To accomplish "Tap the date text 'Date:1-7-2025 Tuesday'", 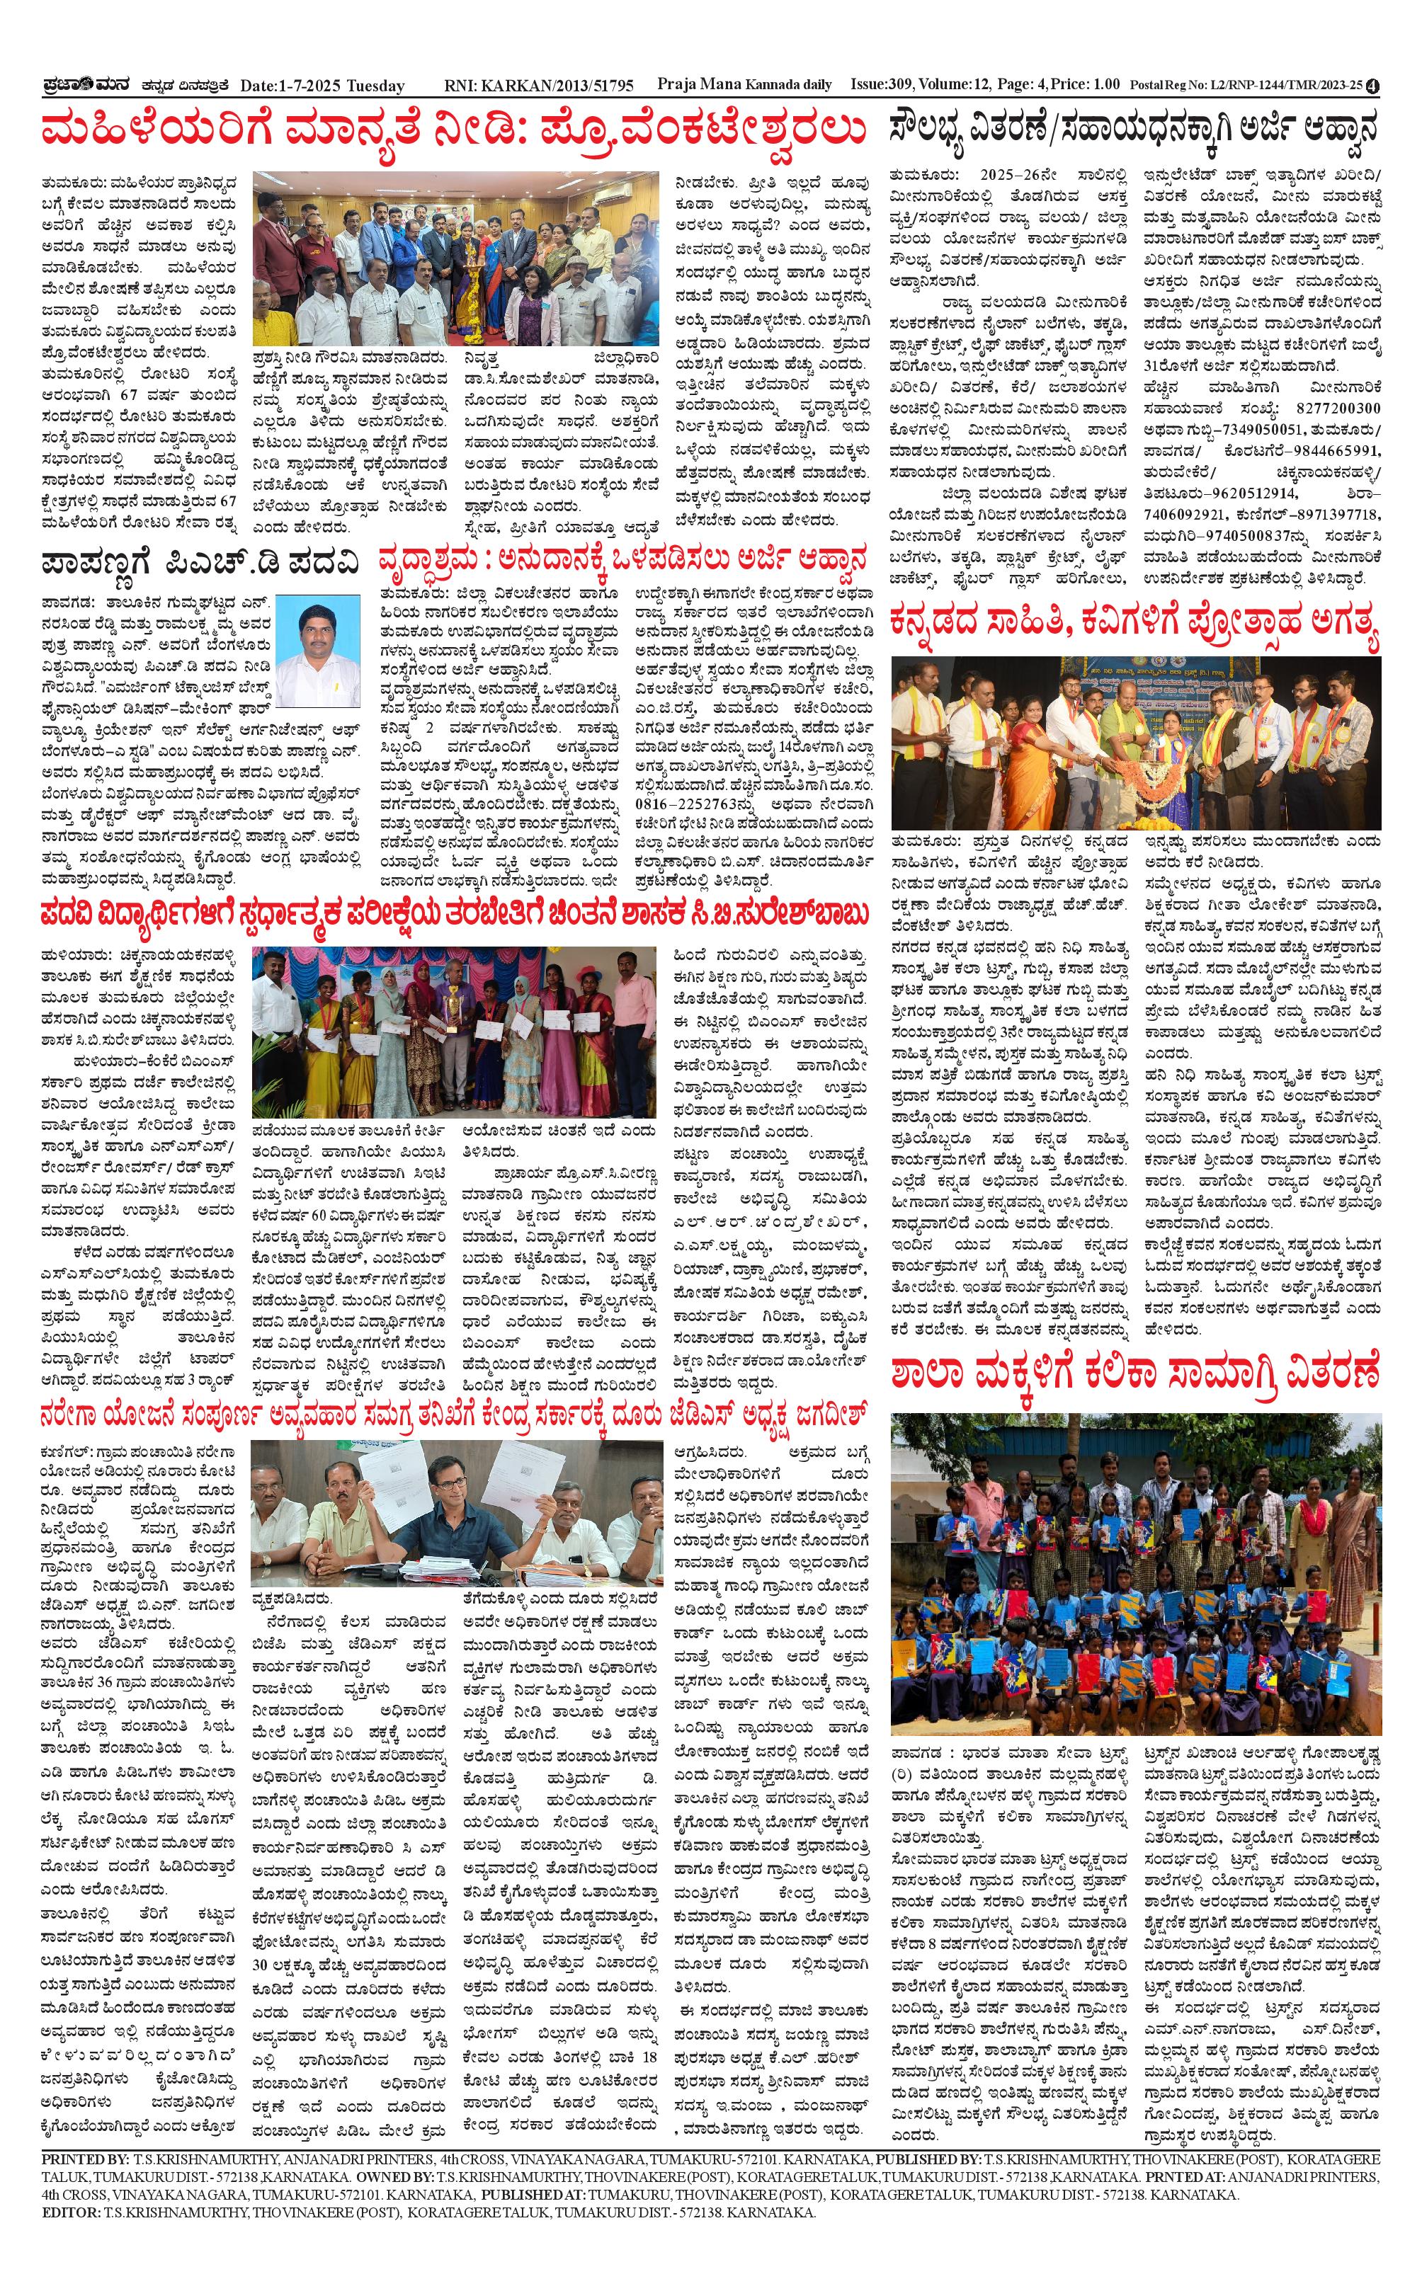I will [323, 86].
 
